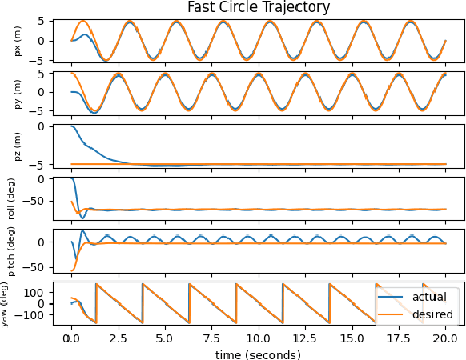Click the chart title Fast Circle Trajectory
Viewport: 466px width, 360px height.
tap(258, 7)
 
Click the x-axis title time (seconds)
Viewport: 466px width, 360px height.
tap(258, 354)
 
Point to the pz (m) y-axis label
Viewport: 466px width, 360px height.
tap(18, 145)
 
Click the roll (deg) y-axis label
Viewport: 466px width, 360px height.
tap(11, 197)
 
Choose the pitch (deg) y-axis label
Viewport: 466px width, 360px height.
tap(11, 250)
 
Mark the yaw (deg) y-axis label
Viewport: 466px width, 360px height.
tap(11, 302)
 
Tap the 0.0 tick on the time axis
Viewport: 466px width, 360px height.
tap(71, 338)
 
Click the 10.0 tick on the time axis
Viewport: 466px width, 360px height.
tap(259, 338)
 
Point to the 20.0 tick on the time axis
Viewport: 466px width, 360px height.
tap(445, 338)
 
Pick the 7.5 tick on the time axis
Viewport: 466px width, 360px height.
tap(211, 338)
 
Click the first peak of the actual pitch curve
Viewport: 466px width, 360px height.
tap(83, 231)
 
